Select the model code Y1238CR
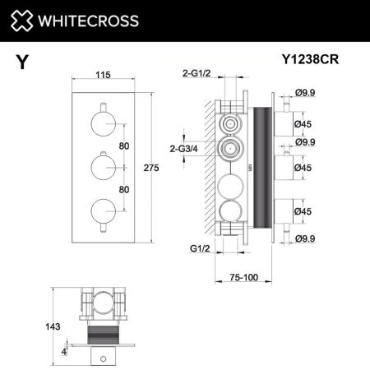point(311,59)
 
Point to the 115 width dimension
point(103,76)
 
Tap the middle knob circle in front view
point(104,168)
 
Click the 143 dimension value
point(54,326)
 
